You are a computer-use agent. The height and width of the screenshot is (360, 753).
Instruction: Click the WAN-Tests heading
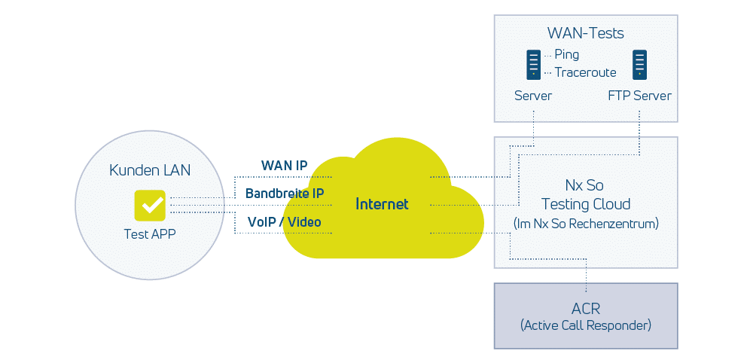[x=585, y=33]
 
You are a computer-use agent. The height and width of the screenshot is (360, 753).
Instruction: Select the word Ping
[x=566, y=54]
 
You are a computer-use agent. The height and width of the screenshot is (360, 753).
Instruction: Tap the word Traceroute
[x=585, y=72]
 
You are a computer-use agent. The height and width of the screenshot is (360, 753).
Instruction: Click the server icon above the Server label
[x=533, y=65]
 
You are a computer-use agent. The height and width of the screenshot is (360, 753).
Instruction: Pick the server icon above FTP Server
[x=640, y=65]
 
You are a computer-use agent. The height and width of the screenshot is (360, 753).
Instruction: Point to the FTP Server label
[x=639, y=96]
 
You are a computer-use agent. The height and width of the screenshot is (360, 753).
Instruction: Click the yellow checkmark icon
[x=150, y=205]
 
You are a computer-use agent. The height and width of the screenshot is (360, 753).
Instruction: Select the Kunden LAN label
[x=150, y=170]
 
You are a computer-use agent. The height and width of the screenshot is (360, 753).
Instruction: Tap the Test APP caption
[x=150, y=234]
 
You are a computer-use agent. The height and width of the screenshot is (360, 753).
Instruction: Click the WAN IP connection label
[x=284, y=165]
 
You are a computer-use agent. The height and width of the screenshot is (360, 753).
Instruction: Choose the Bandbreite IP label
[x=285, y=194]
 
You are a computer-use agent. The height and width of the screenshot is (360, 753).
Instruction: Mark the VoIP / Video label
[x=285, y=222]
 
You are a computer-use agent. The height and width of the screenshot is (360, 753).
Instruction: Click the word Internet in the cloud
[x=382, y=204]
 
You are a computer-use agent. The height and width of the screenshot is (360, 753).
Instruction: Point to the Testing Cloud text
[x=586, y=204]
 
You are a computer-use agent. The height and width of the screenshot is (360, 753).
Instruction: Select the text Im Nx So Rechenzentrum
[x=586, y=223]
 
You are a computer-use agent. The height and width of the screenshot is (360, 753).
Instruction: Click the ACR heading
[x=585, y=309]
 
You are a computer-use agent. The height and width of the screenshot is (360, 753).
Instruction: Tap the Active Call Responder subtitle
[x=585, y=325]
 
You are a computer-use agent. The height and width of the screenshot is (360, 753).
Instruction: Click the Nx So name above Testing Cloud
[x=585, y=185]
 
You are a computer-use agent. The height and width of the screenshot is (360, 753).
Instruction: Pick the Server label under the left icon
[x=533, y=96]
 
